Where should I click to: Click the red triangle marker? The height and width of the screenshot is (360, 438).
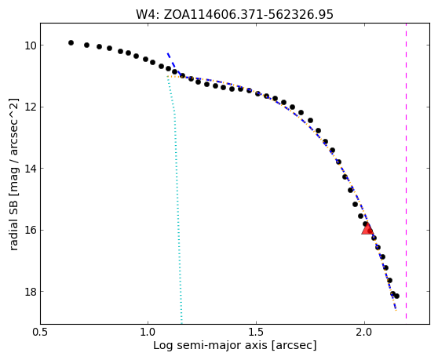(367, 229)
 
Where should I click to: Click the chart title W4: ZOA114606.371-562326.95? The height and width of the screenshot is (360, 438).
(235, 15)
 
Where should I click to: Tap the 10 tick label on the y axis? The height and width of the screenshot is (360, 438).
(31, 45)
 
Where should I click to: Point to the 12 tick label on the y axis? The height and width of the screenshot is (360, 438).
(31, 107)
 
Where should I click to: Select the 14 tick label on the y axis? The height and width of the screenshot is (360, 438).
(31, 169)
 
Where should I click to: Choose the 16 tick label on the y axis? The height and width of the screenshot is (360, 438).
(31, 231)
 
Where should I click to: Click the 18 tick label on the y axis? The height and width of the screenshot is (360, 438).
(31, 292)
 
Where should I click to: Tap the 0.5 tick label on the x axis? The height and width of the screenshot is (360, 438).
(41, 332)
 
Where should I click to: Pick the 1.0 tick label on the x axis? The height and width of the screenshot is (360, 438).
(148, 332)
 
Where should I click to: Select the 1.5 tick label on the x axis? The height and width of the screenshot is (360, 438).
(256, 332)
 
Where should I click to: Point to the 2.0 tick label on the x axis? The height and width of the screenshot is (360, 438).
(364, 332)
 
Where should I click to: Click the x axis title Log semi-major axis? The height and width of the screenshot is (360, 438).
(211, 345)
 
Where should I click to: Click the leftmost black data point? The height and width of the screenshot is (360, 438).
(71, 42)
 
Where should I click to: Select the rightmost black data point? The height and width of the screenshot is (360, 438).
(396, 296)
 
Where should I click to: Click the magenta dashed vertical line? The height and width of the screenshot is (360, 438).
(406, 171)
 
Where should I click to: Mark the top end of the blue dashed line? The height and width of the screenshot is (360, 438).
(168, 53)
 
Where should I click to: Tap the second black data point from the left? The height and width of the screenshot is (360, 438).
(86, 45)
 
